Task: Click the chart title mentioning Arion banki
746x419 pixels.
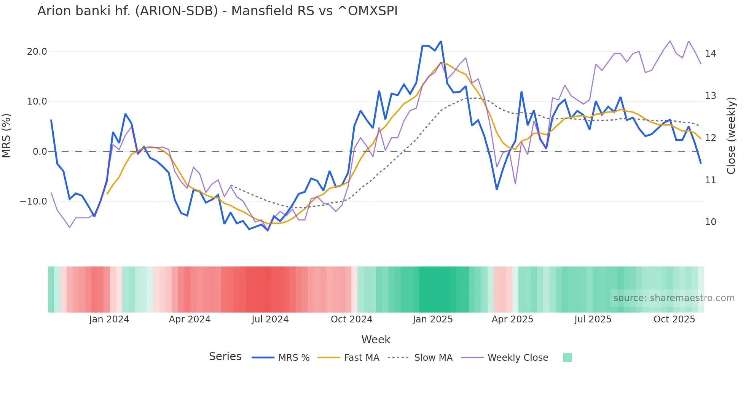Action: [217, 11]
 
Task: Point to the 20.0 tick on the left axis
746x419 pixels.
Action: [37, 52]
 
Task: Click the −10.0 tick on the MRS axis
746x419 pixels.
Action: [34, 202]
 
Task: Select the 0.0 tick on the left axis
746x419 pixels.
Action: [40, 152]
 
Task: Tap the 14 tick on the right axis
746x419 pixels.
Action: [710, 54]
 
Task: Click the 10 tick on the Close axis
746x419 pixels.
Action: [710, 222]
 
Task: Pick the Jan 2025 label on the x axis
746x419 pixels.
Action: [433, 319]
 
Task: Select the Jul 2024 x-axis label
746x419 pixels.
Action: [270, 319]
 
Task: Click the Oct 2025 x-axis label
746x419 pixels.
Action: [674, 319]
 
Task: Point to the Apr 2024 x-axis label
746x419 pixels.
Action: [190, 319]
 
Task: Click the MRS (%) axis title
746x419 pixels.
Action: [6, 135]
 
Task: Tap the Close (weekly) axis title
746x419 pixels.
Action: [731, 136]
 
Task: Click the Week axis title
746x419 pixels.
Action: [376, 340]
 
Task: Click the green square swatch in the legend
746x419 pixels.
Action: [567, 357]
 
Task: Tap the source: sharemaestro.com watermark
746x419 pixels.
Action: [674, 298]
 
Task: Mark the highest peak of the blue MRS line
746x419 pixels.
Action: [441, 41]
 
